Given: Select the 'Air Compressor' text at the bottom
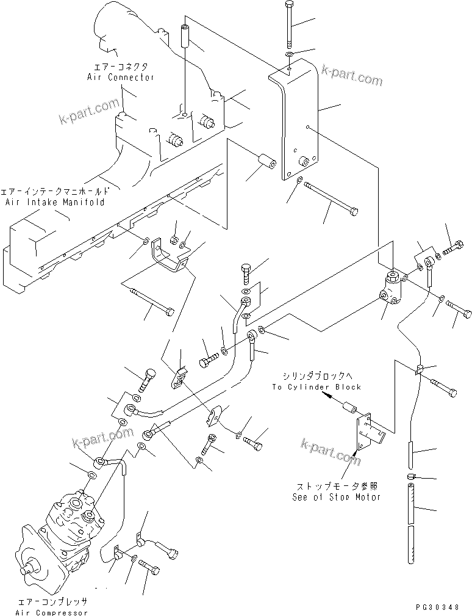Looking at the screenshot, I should [52, 612].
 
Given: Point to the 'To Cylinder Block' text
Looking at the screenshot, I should [316, 387].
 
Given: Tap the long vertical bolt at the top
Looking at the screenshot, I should [288, 24].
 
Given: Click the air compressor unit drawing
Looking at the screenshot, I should [58, 531].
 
